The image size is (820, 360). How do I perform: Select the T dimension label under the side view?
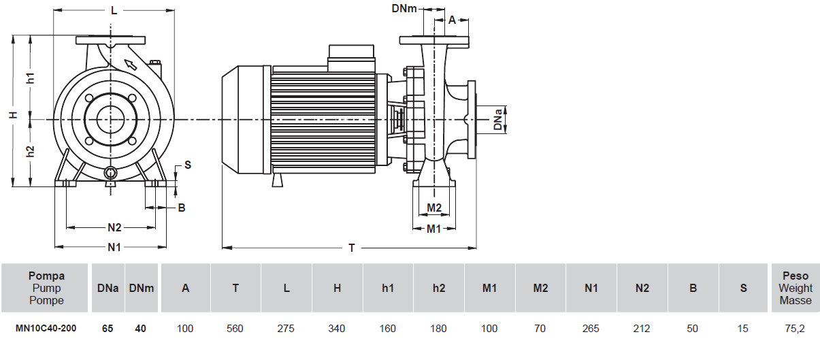tap(351, 248)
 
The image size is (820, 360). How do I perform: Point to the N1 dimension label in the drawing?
tap(114, 247)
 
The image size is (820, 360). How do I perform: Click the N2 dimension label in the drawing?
tap(114, 227)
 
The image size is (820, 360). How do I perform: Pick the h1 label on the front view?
tap(31, 78)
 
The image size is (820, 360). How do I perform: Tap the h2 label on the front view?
tap(31, 151)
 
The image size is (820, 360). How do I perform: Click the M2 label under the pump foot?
tap(434, 208)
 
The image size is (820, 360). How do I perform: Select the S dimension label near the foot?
tap(188, 165)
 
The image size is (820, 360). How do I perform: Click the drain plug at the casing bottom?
tap(110, 174)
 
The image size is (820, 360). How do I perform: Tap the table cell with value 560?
tap(235, 329)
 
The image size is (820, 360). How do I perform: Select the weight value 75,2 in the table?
tap(795, 329)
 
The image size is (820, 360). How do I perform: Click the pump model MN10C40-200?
tap(46, 329)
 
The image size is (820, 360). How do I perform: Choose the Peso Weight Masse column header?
tap(795, 288)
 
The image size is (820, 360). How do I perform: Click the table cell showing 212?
tap(642, 329)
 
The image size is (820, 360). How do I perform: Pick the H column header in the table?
tap(337, 288)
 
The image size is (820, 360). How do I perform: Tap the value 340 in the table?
tap(337, 329)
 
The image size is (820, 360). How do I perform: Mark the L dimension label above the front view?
tap(114, 11)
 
